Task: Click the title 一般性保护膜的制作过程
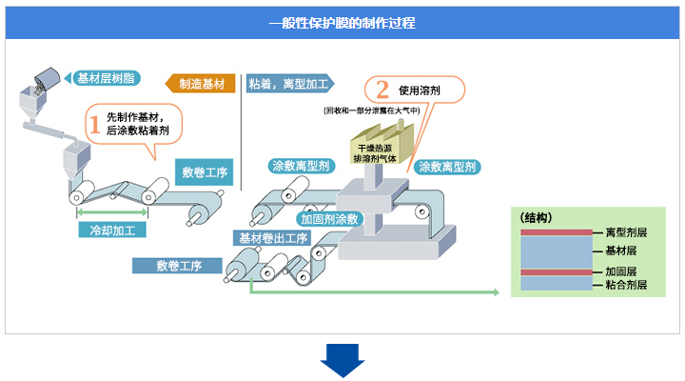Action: click(x=342, y=21)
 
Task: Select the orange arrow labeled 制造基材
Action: click(x=201, y=84)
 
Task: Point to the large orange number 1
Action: click(x=94, y=123)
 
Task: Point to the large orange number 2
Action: click(x=382, y=90)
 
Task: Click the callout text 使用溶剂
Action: click(x=429, y=91)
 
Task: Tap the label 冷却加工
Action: click(x=112, y=231)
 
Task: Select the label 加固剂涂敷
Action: click(x=329, y=219)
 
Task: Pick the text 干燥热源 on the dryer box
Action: click(x=374, y=149)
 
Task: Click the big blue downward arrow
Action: click(x=342, y=361)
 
